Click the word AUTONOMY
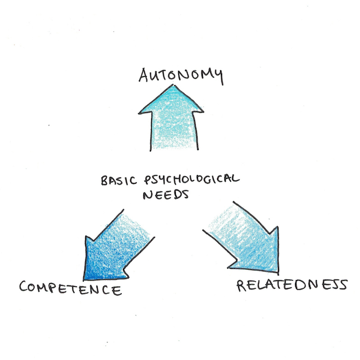point(181,76)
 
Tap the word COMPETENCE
point(71,289)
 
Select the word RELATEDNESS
point(292,286)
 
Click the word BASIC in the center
point(119,180)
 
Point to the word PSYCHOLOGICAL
point(192,179)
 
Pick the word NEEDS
point(166,194)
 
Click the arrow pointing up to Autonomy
point(171,118)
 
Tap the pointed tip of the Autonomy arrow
point(173,85)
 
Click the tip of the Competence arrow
point(84,280)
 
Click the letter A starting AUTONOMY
point(144,75)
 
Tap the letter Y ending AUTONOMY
point(218,76)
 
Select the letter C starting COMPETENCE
point(23,287)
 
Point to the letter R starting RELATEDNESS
point(241,286)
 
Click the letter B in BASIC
point(104,181)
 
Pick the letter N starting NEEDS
point(148,195)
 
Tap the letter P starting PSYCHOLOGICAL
point(148,180)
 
